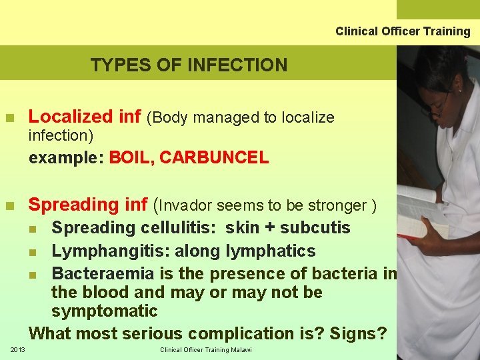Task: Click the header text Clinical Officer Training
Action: pyautogui.click(x=403, y=31)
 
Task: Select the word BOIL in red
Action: pyautogui.click(x=131, y=158)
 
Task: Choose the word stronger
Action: pyautogui.click(x=341, y=205)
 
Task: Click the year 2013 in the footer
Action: pyautogui.click(x=17, y=350)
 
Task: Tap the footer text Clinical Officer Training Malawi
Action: pyautogui.click(x=206, y=350)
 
